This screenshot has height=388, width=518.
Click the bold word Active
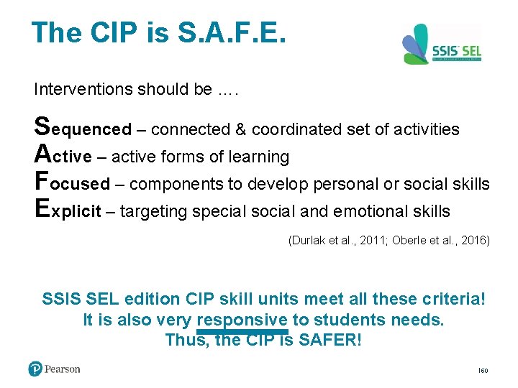tap(63, 156)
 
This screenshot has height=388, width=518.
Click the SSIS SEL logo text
tap(456, 51)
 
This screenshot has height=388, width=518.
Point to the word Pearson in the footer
tap(63, 369)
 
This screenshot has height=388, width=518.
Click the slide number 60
tap(483, 371)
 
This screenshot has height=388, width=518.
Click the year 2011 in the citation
tap(363, 240)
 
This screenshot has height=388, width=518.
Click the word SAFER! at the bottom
tap(328, 339)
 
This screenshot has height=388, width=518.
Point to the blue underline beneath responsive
tap(241, 332)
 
